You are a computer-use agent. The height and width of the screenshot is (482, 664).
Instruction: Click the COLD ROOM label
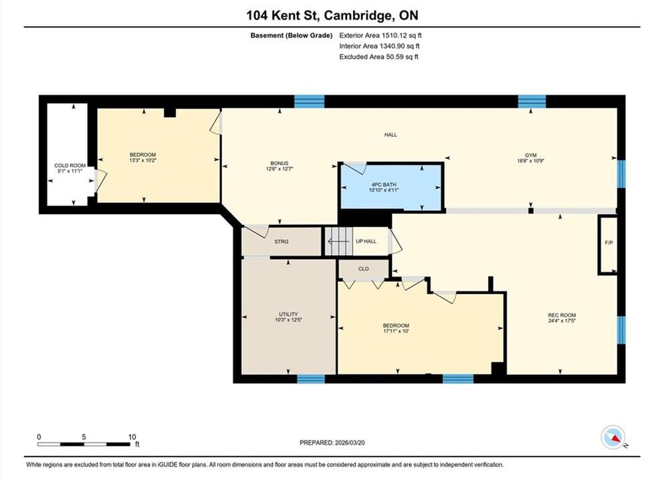point(70,165)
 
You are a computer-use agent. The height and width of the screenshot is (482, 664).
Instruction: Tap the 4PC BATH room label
point(384,184)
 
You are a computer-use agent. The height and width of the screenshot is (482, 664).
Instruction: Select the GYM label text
point(531,155)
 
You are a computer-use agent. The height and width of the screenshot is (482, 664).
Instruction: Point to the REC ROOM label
point(562,315)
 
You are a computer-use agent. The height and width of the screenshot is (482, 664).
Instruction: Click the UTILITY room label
point(288,314)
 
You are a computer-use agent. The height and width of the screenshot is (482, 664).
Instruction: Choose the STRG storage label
point(282,241)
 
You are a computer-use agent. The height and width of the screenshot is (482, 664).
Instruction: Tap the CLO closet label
point(363,268)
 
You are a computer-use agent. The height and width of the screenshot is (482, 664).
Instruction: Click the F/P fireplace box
point(608,245)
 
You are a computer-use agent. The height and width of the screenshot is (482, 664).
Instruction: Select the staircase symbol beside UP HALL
point(339,241)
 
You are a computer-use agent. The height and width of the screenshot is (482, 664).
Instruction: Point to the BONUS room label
point(280,163)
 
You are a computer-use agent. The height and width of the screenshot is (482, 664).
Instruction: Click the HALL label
point(391,135)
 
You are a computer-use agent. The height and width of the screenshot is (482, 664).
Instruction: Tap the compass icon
point(613,437)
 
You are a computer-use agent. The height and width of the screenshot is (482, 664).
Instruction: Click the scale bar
point(84,445)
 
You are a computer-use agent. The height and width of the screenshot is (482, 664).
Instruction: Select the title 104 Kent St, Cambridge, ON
point(332,15)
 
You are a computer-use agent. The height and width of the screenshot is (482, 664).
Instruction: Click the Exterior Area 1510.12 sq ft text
point(380,35)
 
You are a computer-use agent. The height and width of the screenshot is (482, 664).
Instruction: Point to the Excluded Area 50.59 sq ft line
point(378,57)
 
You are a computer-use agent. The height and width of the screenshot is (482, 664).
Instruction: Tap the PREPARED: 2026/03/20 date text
point(332,443)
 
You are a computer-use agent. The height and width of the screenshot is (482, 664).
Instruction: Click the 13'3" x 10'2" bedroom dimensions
point(142,160)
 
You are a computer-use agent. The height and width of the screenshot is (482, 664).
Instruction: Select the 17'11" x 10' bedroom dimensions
point(396,331)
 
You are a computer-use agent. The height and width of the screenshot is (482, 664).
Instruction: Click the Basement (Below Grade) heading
point(292,35)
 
